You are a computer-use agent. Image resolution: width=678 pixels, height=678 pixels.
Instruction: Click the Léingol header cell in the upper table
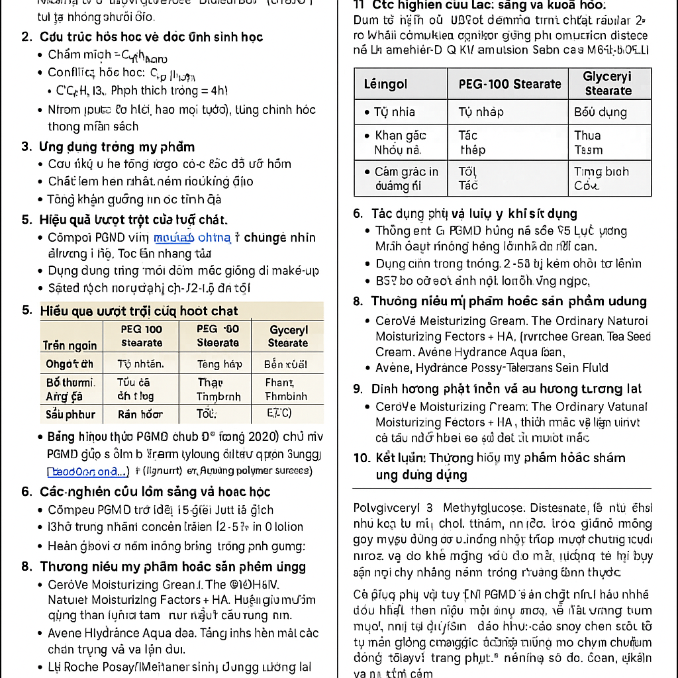(x=386, y=84)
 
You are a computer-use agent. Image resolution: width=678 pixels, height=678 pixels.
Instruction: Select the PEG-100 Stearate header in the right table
(x=509, y=84)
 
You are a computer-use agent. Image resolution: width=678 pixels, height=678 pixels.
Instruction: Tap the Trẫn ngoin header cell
(x=70, y=345)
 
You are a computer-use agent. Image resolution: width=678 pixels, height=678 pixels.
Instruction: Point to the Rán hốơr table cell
(x=140, y=414)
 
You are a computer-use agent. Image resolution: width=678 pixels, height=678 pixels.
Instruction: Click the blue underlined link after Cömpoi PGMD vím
(x=192, y=237)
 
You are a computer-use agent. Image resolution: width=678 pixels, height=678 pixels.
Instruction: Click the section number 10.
(x=362, y=458)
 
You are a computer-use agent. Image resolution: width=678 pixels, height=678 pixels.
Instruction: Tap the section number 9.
(x=358, y=389)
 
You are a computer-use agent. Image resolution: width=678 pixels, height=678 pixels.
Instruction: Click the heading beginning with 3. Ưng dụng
(x=108, y=146)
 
